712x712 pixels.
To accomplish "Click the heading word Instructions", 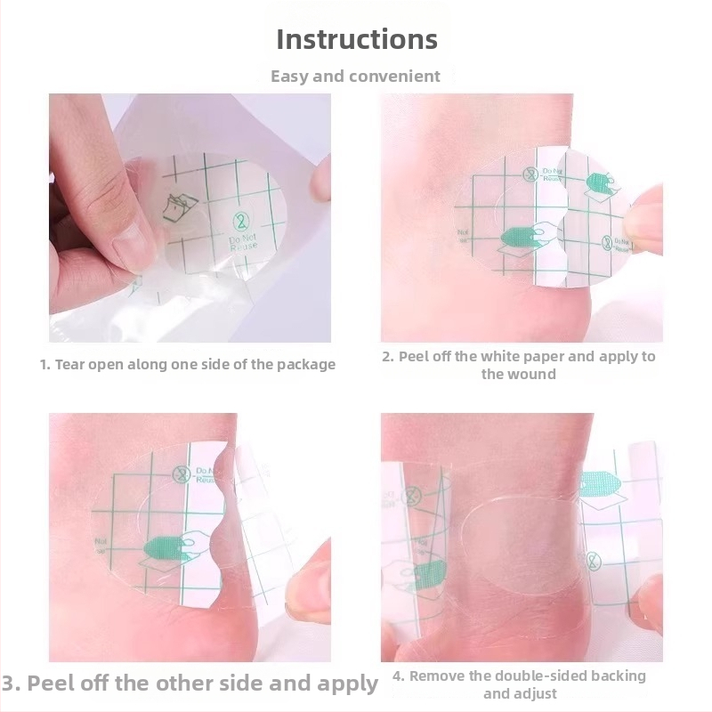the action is coord(357,39).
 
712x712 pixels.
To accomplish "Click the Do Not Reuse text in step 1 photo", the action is coord(243,242).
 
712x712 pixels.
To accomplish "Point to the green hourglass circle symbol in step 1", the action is coord(241,222).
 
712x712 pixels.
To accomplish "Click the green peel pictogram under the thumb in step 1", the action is coord(180,207).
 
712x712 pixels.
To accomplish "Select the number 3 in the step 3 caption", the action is coord(9,684).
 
